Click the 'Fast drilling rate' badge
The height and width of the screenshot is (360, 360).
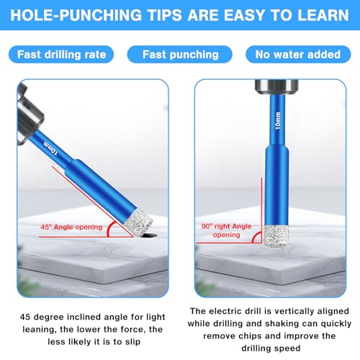point(63,54)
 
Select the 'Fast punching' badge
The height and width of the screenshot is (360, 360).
point(179,54)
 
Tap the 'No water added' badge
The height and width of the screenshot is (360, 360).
point(298,54)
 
